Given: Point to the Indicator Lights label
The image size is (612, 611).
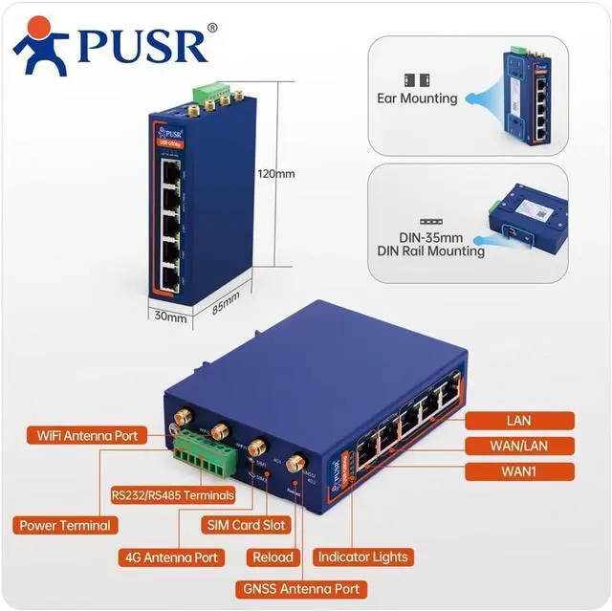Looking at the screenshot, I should pos(363,556).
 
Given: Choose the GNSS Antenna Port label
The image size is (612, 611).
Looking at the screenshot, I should pos(313,588).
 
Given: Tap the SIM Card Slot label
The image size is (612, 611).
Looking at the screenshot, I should pos(245,525).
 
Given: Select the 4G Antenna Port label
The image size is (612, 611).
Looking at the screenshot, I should pos(172,556).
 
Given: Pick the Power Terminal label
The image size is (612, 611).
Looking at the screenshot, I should pos(65,525).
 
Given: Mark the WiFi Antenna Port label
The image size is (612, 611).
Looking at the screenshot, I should pos(87,436).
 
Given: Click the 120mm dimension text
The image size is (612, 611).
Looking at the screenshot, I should pos(276,174).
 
